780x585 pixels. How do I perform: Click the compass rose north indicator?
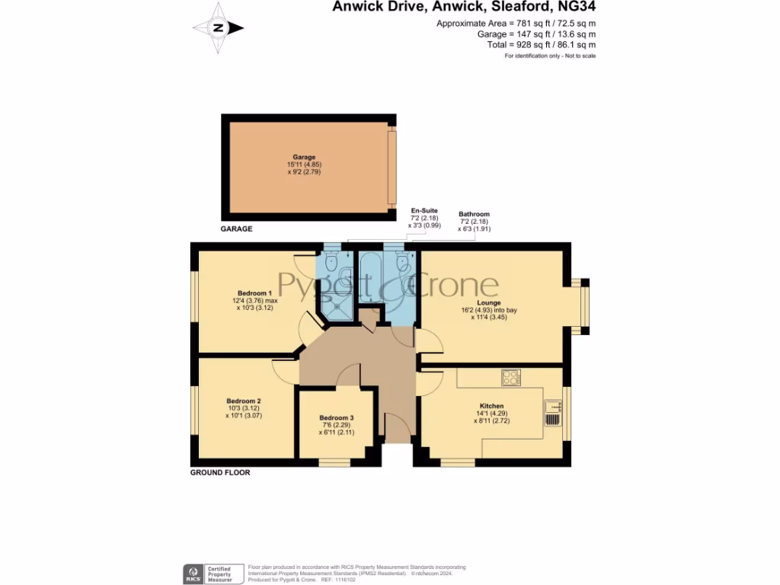(219, 28)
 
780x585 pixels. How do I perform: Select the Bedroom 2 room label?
(244, 401)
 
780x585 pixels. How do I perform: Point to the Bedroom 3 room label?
(336, 418)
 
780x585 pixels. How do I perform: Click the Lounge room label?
(488, 302)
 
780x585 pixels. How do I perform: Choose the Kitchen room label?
(491, 406)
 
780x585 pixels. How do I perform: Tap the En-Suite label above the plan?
(424, 210)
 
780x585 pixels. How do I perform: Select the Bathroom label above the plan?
(474, 215)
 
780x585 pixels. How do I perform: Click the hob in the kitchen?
(510, 377)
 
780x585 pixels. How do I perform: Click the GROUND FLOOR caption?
(220, 473)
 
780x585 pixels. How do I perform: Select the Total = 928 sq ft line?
(540, 45)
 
